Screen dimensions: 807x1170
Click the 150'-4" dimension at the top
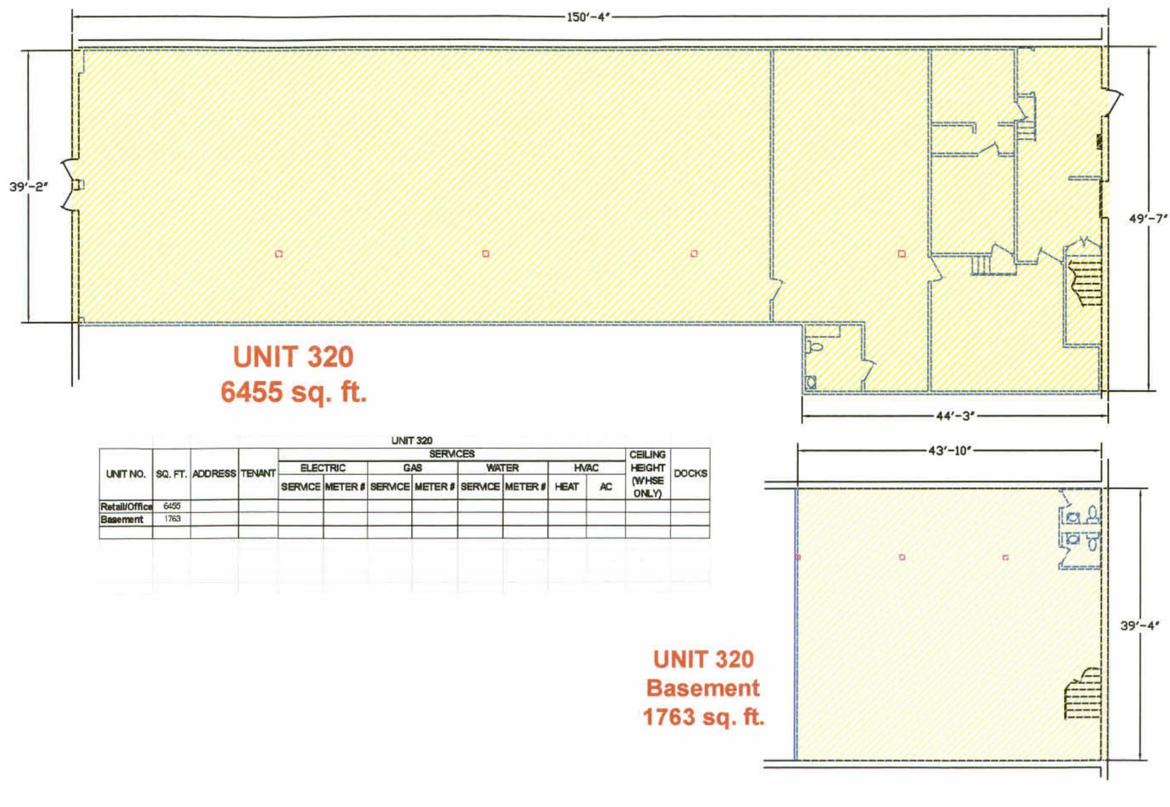(588, 17)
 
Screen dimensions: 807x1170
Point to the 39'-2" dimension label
(29, 187)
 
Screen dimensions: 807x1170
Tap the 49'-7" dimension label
(1147, 219)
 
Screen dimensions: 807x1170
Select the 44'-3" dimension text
(955, 416)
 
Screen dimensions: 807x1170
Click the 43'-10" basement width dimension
(949, 451)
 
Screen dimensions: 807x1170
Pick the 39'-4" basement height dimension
(1139, 625)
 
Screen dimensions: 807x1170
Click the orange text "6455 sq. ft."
(294, 392)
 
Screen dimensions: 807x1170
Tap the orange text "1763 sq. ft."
(703, 717)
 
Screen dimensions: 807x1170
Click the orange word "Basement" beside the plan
(703, 688)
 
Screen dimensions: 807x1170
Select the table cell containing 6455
(171, 506)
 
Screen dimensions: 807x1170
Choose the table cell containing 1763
(171, 519)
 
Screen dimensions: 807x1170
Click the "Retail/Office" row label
(126, 506)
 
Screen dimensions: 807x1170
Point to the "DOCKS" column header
(690, 473)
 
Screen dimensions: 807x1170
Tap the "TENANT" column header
(258, 473)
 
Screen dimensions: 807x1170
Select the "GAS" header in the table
(412, 468)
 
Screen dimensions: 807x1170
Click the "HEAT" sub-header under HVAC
(567, 487)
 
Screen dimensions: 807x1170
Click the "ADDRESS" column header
(214, 473)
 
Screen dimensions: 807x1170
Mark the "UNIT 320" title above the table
(411, 440)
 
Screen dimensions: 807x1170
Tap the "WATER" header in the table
(502, 468)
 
